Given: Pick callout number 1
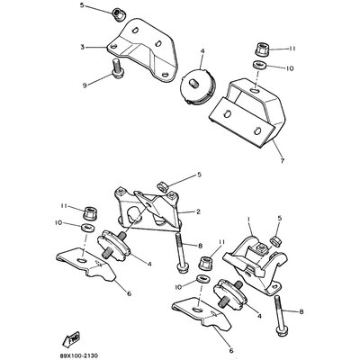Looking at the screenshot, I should tap(246, 218).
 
